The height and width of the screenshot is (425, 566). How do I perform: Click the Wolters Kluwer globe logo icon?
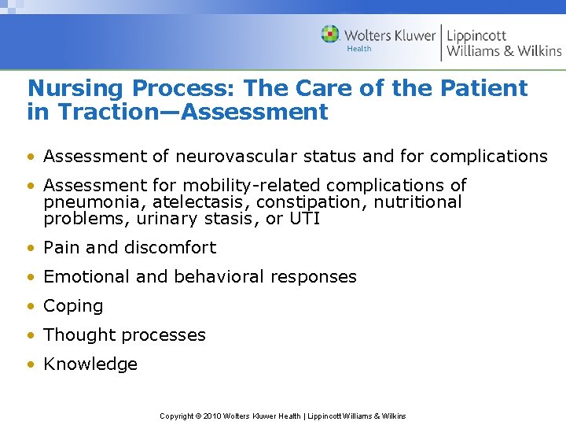[330, 34]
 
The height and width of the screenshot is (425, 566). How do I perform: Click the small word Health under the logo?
[359, 49]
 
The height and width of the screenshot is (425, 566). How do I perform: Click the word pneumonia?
[86, 202]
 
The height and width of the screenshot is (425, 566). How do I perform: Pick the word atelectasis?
[186, 202]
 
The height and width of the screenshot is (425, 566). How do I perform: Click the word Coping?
[73, 306]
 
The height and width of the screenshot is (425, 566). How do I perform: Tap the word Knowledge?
[90, 364]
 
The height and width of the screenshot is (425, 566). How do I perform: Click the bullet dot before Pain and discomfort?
[31, 248]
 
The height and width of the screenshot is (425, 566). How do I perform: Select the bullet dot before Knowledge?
[31, 364]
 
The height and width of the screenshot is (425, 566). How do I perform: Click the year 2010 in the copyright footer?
[212, 416]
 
